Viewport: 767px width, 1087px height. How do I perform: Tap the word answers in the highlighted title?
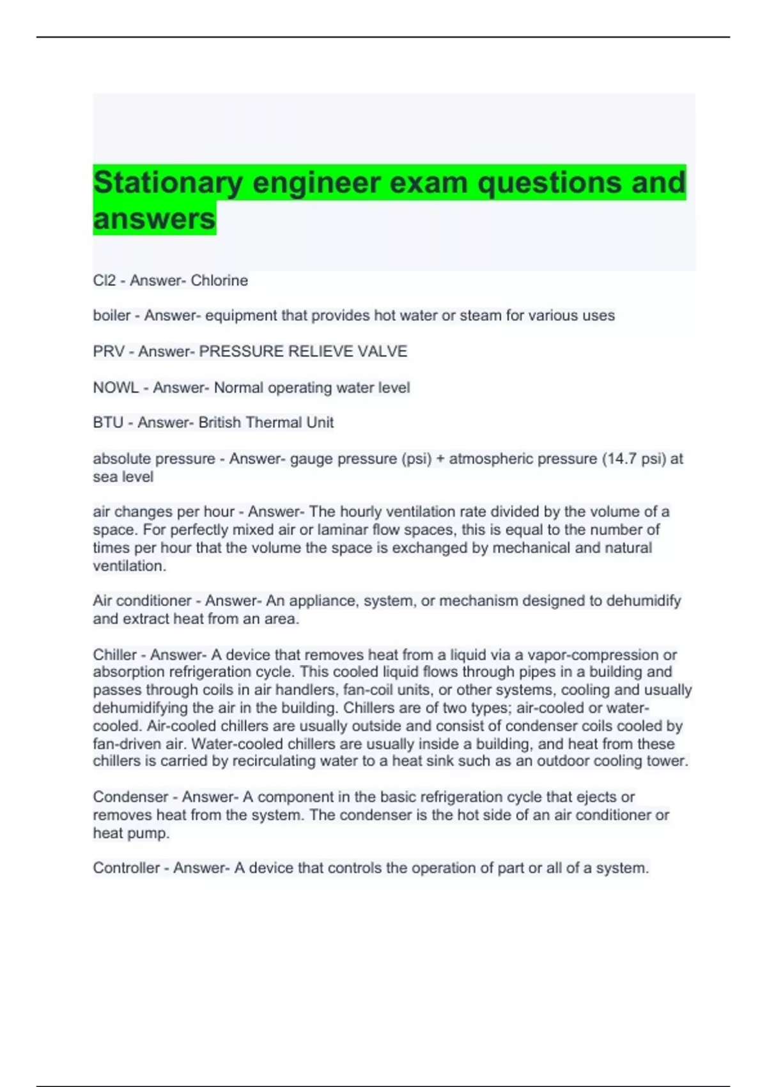[x=154, y=219]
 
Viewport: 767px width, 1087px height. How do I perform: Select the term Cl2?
[x=104, y=281]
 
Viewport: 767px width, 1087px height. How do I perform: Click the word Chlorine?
[x=219, y=281]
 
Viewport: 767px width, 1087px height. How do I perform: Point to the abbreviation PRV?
[x=109, y=352]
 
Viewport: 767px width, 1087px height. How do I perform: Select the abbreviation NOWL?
[x=116, y=388]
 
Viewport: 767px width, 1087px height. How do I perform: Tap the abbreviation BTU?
[x=108, y=423]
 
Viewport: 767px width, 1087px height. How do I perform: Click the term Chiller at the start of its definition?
[x=114, y=655]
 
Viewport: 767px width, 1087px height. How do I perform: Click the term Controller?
[x=126, y=868]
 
